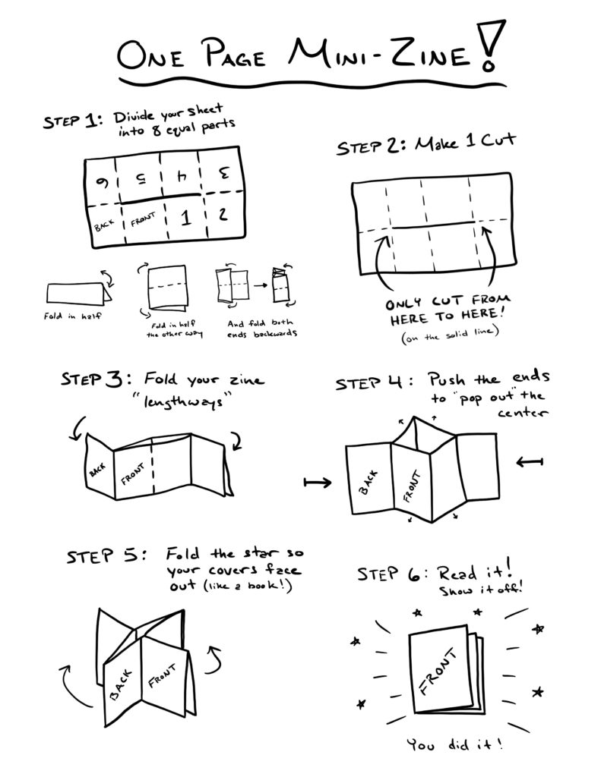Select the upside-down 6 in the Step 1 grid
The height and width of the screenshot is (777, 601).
coord(99,181)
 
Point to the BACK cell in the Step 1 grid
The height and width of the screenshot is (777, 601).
coord(103,225)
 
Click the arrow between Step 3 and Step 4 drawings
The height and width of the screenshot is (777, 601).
coord(315,482)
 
